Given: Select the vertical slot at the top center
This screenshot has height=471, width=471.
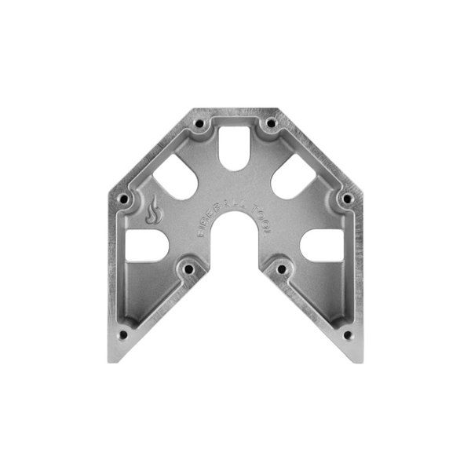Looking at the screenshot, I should (233, 146).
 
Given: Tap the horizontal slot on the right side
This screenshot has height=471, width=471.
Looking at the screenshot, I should (321, 246).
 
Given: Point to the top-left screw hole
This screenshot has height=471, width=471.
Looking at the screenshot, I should (199, 123).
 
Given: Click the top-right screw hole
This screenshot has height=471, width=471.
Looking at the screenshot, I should (270, 123).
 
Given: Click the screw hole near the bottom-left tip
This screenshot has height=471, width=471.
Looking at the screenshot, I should (122, 334).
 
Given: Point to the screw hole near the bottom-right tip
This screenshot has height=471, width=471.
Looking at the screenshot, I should (346, 334).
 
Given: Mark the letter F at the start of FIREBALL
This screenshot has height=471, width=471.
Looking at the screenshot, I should (202, 233).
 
